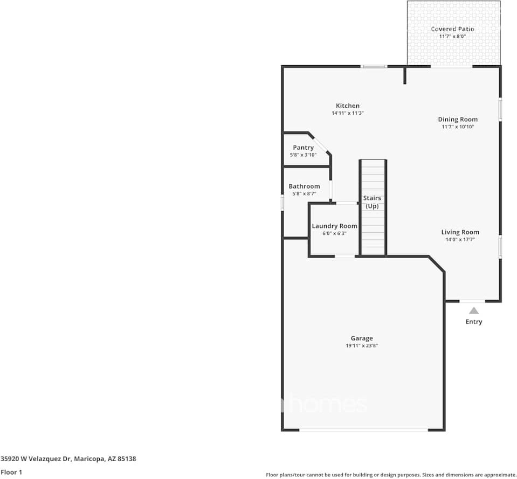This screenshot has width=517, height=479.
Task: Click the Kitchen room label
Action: [348, 106]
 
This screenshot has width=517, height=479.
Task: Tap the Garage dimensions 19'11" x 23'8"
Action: [362, 345]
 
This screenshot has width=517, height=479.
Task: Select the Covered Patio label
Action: [452, 29]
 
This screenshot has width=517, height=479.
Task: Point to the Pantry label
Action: [304, 148]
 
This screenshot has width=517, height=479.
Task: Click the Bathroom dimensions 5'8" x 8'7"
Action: [304, 194]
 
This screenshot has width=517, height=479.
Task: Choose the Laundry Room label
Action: [334, 226]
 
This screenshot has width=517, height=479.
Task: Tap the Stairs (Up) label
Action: [372, 202]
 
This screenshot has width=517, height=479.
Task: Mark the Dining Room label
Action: [458, 120]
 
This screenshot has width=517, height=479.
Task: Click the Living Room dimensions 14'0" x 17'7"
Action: [460, 239]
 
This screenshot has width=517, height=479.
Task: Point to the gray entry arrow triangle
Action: [474, 311]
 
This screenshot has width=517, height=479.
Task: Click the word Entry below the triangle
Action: [474, 322]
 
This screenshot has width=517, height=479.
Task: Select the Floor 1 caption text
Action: [11, 472]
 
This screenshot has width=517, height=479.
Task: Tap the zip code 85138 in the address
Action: [126, 459]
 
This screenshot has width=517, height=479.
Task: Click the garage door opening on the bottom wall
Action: [363, 430]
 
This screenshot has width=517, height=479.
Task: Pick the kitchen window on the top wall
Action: [374, 67]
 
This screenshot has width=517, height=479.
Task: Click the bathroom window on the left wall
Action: [282, 202]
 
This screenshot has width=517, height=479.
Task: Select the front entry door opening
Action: [472, 301]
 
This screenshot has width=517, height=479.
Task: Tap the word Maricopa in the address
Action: [89, 459]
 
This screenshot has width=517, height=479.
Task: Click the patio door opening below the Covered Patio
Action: [451, 67]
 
